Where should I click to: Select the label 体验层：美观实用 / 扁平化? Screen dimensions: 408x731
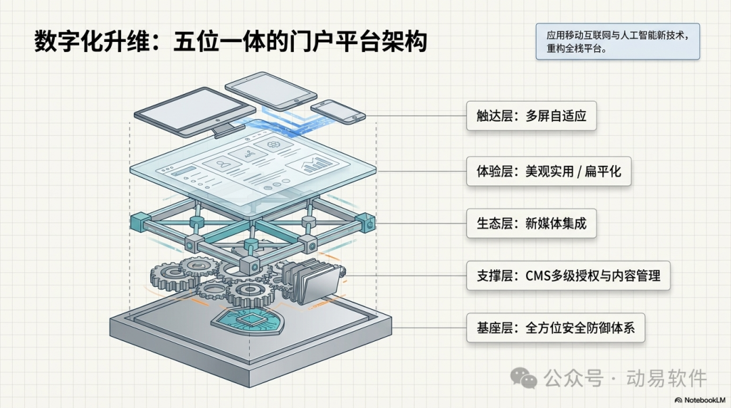click(x=548, y=172)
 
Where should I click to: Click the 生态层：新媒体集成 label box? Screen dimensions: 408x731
click(x=531, y=223)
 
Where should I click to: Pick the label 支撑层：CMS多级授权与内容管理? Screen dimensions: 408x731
click(x=568, y=275)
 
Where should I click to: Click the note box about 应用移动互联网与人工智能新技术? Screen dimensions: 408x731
click(x=617, y=41)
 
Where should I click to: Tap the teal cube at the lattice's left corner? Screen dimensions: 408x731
click(x=139, y=221)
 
